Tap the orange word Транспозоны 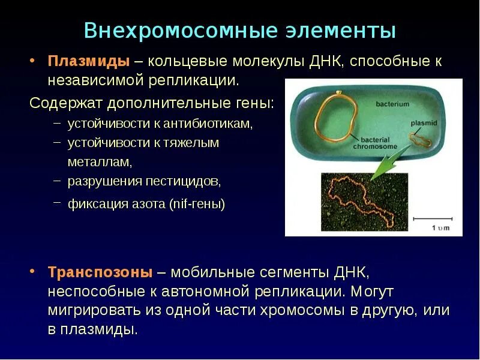pyautogui.click(x=100, y=272)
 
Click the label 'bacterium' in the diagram pyautogui.click(x=392, y=104)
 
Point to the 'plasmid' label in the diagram pyautogui.click(x=424, y=122)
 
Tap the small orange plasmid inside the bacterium pyautogui.click(x=421, y=139)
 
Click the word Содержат pyautogui.click(x=65, y=103)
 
